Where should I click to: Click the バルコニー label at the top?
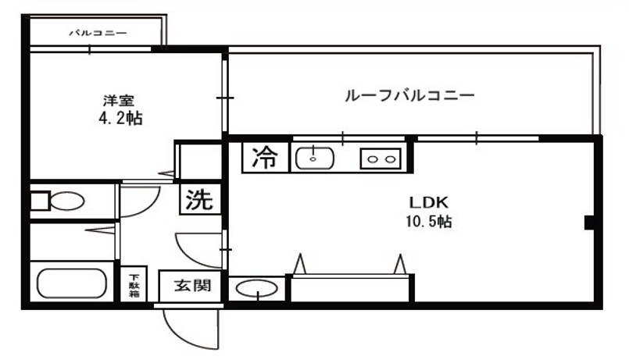(98, 33)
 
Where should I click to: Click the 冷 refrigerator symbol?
(265, 158)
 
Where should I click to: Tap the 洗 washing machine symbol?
(198, 200)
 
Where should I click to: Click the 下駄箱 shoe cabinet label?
(134, 284)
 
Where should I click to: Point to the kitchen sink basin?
(314, 158)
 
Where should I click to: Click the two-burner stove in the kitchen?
(380, 159)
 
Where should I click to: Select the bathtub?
(71, 283)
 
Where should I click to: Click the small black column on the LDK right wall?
(590, 223)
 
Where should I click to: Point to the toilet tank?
(38, 201)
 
